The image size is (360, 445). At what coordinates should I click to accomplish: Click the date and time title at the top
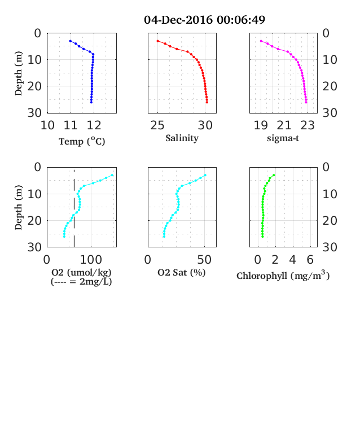coord(204,20)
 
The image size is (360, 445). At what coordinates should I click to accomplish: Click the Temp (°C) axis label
coord(82,141)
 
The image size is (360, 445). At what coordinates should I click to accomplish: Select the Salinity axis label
coord(182,138)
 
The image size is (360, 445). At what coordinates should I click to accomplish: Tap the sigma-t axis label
coord(283,138)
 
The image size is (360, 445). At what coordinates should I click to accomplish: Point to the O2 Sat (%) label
coord(182,272)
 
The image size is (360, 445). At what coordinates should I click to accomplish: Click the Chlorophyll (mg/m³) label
coord(283,275)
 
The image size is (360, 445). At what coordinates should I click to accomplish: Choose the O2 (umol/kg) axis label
coord(81,272)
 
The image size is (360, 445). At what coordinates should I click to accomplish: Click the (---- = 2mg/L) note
coord(81,282)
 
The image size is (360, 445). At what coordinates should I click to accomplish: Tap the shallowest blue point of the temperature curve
coord(71,41)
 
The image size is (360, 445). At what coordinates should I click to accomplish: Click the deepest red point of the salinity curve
coord(207,102)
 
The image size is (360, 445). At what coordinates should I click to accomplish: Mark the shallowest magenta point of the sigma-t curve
coord(261,41)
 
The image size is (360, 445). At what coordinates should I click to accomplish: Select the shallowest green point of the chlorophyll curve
coord(274,175)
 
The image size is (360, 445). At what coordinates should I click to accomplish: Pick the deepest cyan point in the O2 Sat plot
coord(164,237)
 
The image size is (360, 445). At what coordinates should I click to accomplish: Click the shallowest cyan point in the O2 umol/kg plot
coord(112,175)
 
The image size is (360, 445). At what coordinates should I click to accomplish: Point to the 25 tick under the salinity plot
coord(157,125)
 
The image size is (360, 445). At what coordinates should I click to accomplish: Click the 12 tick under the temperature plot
coord(94,125)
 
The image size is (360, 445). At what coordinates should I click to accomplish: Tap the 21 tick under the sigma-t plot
coord(284,125)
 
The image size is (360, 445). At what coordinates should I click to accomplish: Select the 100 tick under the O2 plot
coord(91,260)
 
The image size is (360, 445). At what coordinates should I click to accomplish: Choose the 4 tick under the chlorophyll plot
coord(292,260)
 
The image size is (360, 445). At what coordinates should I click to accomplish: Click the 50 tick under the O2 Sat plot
coord(204,260)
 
